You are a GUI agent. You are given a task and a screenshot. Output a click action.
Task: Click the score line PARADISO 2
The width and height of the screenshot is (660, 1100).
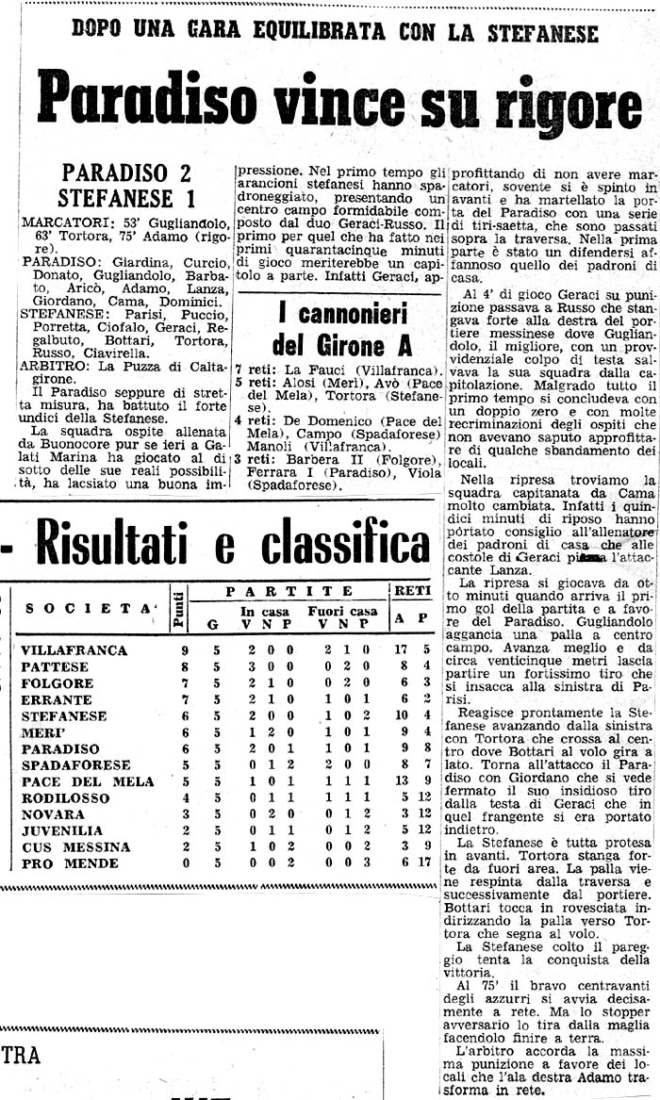(126, 173)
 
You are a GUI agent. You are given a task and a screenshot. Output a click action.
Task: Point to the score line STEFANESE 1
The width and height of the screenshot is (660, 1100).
(126, 199)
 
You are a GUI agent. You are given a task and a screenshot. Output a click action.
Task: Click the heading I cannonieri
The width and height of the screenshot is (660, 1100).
(342, 313)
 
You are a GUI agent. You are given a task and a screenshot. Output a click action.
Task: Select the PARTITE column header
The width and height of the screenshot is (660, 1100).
(289, 592)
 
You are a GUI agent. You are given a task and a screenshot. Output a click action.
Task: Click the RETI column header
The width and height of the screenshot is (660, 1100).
(412, 592)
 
